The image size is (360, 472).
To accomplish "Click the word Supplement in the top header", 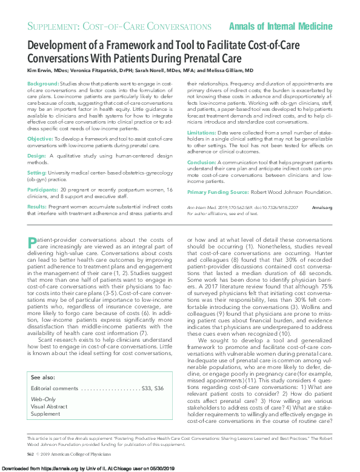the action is click(55, 27).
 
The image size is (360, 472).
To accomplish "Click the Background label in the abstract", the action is click(43, 83).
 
